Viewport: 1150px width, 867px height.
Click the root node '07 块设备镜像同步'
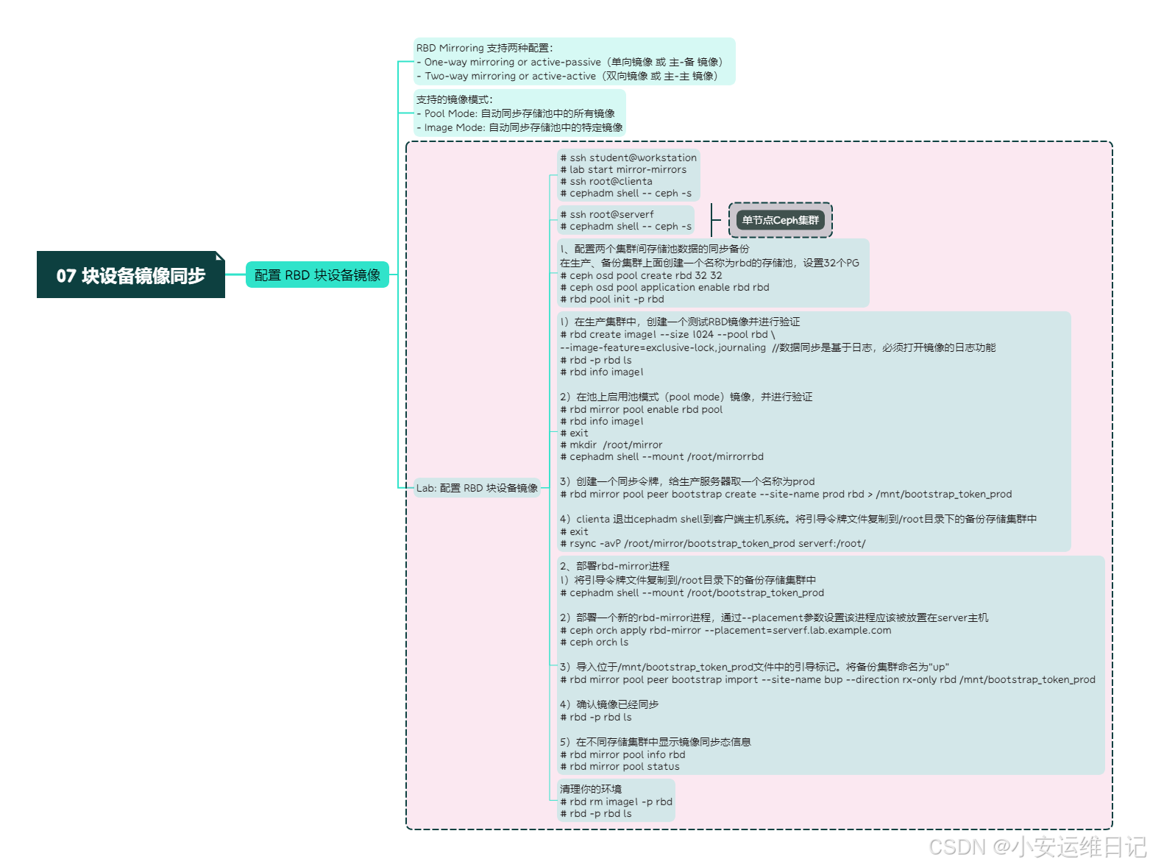pyautogui.click(x=130, y=275)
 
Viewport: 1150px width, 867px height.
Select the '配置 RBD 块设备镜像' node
pyautogui.click(x=317, y=275)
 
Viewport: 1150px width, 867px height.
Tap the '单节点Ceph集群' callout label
pyautogui.click(x=780, y=220)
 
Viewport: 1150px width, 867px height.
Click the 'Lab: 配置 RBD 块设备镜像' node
pyautogui.click(x=477, y=488)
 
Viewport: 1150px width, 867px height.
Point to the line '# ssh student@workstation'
pyautogui.click(x=628, y=158)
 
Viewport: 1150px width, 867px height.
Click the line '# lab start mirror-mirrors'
pyautogui.click(x=623, y=169)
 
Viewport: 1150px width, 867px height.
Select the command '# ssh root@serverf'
pyautogui.click(x=607, y=214)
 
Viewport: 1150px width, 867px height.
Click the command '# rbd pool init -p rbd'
pyautogui.click(x=612, y=299)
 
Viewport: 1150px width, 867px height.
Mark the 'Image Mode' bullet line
pyautogui.click(x=522, y=127)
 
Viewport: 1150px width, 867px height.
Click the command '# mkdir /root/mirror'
pyautogui.click(x=611, y=445)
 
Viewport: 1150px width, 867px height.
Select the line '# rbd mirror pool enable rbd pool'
pyautogui.click(x=642, y=409)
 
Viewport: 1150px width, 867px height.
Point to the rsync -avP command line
pyautogui.click(x=712, y=543)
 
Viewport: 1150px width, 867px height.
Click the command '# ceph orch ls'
pyautogui.click(x=594, y=642)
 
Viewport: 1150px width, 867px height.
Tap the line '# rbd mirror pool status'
pyautogui.click(x=620, y=766)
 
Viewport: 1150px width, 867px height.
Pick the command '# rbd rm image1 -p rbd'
pyautogui.click(x=617, y=801)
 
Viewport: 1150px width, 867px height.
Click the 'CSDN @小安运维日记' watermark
pyautogui.click(x=1037, y=846)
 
